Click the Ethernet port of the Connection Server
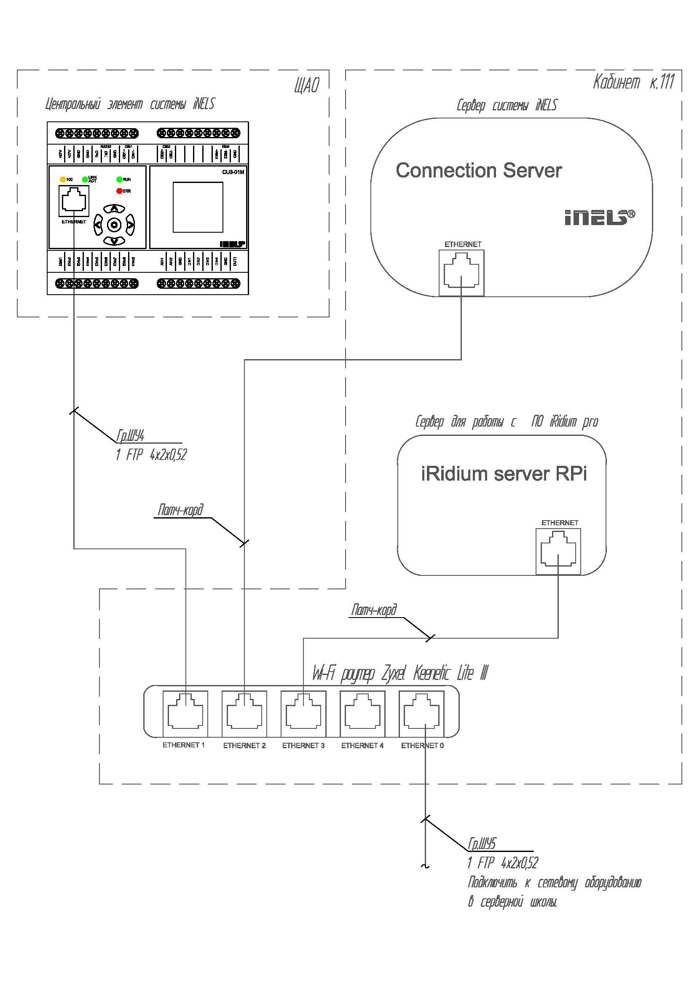click(461, 273)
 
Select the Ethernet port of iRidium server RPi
click(558, 552)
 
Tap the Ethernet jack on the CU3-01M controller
click(74, 201)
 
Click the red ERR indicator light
click(119, 191)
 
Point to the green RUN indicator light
click(119, 180)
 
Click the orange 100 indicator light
click(63, 180)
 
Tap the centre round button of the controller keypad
click(114, 225)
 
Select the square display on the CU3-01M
click(198, 207)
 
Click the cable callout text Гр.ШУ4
click(131, 436)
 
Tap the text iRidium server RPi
click(504, 474)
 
